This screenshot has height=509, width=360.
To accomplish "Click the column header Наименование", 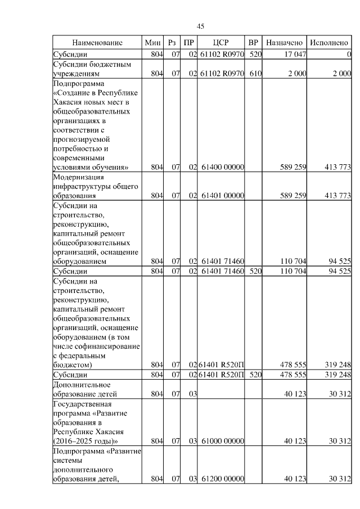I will [97, 43].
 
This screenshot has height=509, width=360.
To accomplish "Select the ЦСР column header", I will [221, 43].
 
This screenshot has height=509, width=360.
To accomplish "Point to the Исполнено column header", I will [330, 43].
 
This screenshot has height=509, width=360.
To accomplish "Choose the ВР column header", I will [254, 43].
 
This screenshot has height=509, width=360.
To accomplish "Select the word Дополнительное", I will [82, 384].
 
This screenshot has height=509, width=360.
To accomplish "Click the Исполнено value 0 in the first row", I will [349, 55].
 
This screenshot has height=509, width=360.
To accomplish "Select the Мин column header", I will [152, 43].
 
